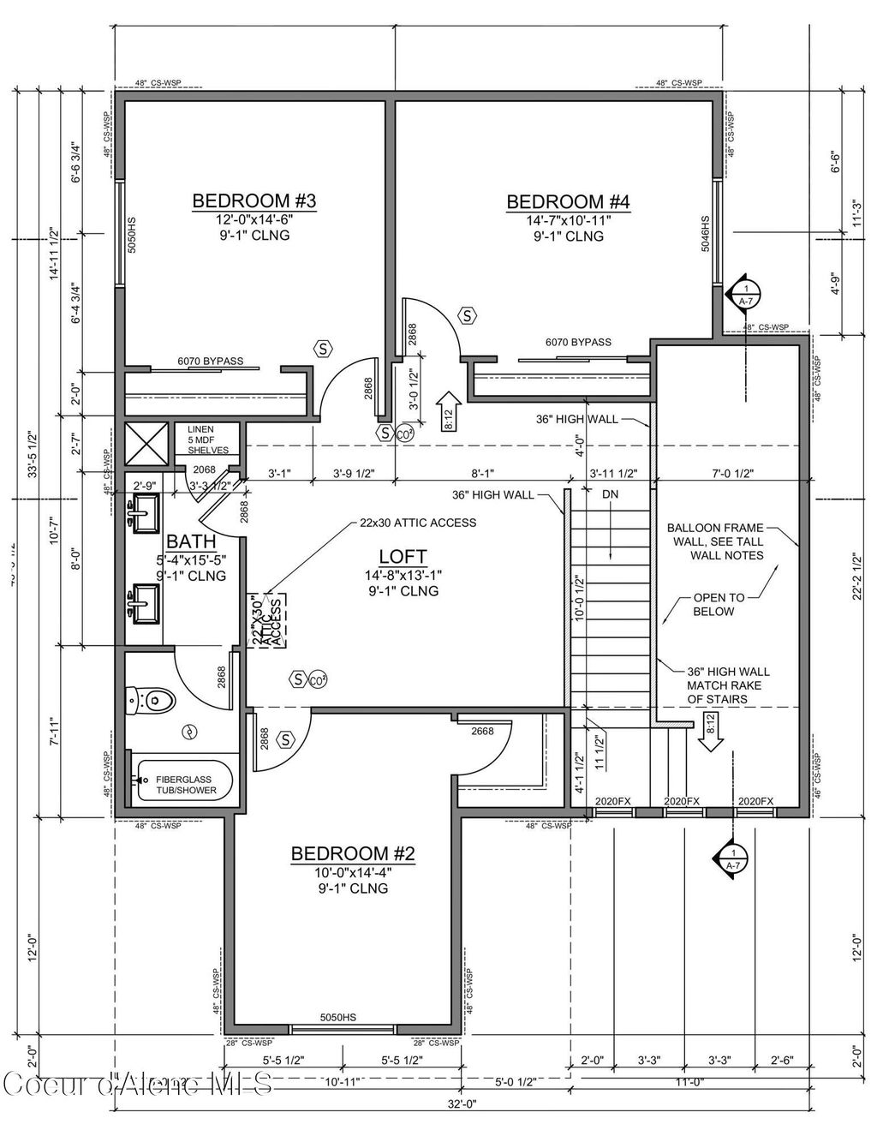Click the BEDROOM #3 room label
pyautogui.click(x=254, y=201)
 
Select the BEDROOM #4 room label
pyautogui.click(x=568, y=202)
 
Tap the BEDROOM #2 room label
pyautogui.click(x=353, y=853)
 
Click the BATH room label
pyautogui.click(x=191, y=541)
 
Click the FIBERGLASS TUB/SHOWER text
pyautogui.click(x=186, y=785)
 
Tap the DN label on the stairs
pyautogui.click(x=610, y=494)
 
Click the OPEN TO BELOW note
pyautogui.click(x=719, y=604)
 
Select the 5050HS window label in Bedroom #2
pyautogui.click(x=337, y=1017)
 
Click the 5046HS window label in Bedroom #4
pyautogui.click(x=706, y=231)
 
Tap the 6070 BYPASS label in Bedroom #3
pyautogui.click(x=210, y=361)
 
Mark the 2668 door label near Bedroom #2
pyautogui.click(x=482, y=731)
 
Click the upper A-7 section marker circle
pyautogui.click(x=745, y=294)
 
